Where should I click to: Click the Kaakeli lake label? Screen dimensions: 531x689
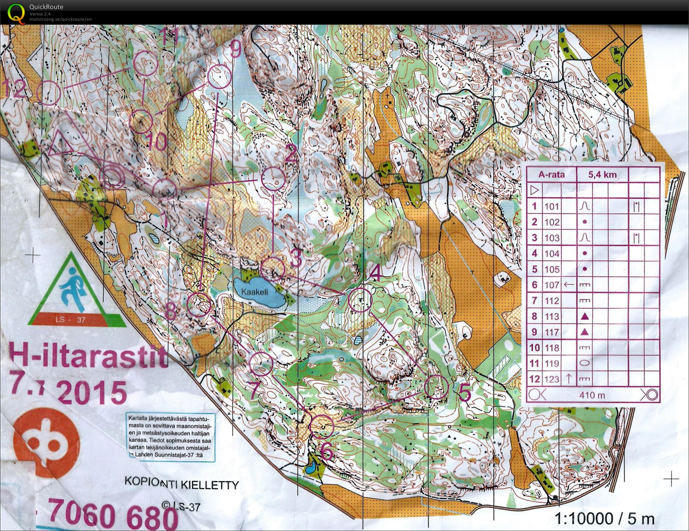tap(255, 292)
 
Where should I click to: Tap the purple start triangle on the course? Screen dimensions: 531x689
tap(61, 145)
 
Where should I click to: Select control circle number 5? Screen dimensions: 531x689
tap(436, 387)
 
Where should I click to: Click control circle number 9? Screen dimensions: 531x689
tap(219, 77)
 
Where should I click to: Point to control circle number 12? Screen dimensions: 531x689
tap(49, 93)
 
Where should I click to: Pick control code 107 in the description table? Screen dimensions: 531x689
tap(552, 285)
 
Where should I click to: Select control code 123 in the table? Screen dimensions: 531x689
tap(552, 379)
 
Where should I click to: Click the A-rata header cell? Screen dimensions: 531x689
tap(551, 175)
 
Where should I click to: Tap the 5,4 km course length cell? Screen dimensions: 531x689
tap(602, 175)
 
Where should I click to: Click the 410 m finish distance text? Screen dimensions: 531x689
tap(592, 395)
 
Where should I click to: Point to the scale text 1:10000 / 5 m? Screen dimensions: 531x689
tap(604, 519)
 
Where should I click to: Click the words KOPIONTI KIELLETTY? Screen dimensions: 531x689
tap(181, 483)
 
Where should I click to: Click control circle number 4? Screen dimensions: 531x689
tap(360, 300)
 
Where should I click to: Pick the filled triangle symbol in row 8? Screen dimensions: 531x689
tap(584, 317)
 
